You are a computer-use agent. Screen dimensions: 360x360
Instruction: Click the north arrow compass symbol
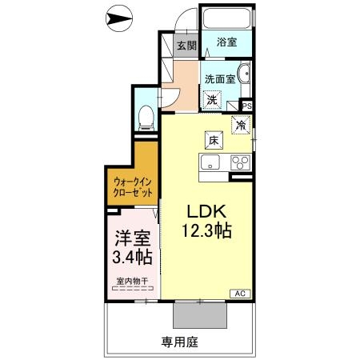click(x=121, y=17)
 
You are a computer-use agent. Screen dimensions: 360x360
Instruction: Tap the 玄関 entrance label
click(x=185, y=46)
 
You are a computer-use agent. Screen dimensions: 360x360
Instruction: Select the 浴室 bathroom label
click(x=226, y=43)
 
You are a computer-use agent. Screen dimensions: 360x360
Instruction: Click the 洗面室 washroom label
click(x=218, y=79)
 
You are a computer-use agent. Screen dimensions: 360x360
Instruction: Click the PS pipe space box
click(x=246, y=105)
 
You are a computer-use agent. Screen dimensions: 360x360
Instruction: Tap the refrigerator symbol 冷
click(x=239, y=125)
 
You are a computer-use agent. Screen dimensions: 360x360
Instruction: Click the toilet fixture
click(x=146, y=118)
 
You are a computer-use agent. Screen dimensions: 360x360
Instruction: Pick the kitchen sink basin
click(x=210, y=163)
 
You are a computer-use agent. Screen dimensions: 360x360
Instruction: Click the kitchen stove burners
click(x=239, y=162)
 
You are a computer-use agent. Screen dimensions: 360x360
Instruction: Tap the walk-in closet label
click(x=131, y=186)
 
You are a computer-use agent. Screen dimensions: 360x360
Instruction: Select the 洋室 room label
click(x=132, y=238)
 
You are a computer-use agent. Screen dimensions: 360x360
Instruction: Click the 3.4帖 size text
click(x=132, y=258)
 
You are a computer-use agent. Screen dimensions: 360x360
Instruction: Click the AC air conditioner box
click(x=239, y=294)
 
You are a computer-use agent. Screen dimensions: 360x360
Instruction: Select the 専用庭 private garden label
click(x=179, y=342)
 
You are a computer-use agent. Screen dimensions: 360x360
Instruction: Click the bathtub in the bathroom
click(x=226, y=19)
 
